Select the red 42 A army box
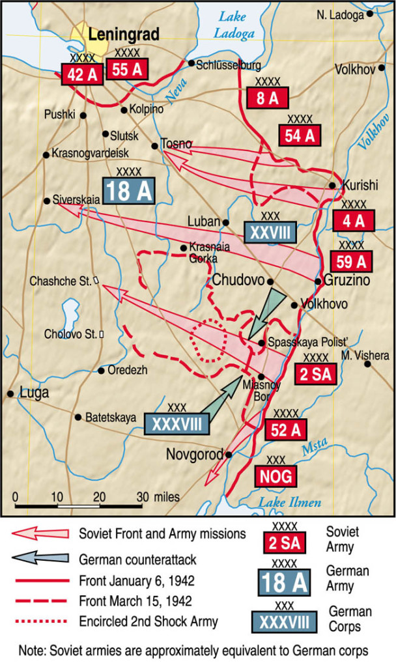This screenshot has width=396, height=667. [82, 74]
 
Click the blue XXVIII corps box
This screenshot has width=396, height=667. [270, 232]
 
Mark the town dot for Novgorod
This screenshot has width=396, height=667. [229, 455]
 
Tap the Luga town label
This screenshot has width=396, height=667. [35, 393]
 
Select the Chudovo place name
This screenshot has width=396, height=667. [238, 281]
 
